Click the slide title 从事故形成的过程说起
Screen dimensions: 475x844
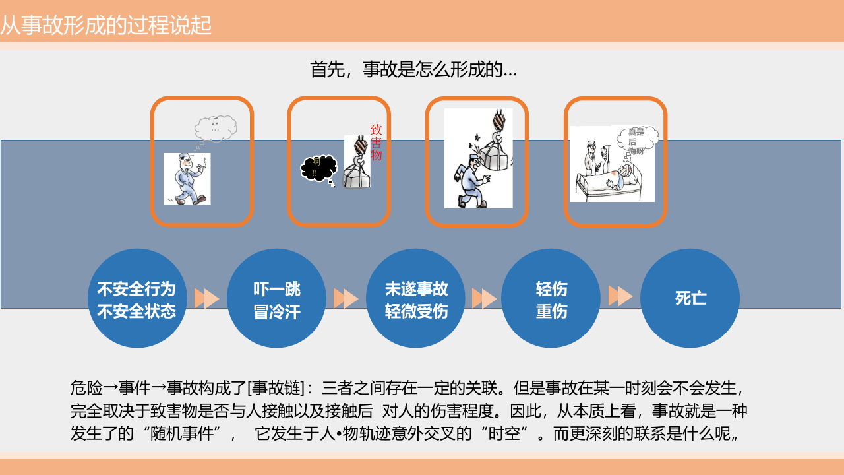pos(106,26)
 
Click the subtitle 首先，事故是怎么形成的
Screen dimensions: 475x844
pos(413,69)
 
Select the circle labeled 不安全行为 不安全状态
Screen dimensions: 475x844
pos(136,299)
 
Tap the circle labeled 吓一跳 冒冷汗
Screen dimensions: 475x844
pos(276,299)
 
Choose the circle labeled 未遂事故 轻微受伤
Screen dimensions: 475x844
pos(416,299)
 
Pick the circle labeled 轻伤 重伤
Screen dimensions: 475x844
pos(551,299)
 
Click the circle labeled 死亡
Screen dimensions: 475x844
pos(690,298)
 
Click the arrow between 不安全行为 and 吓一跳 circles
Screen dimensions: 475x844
pos(206,299)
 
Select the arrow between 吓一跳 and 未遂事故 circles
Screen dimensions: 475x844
pos(346,299)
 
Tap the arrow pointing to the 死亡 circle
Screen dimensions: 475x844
pos(620,296)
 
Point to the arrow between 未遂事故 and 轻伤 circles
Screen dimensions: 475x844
pos(485,299)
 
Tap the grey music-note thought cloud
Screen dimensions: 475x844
pos(216,127)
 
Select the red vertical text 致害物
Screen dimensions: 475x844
pos(377,142)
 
